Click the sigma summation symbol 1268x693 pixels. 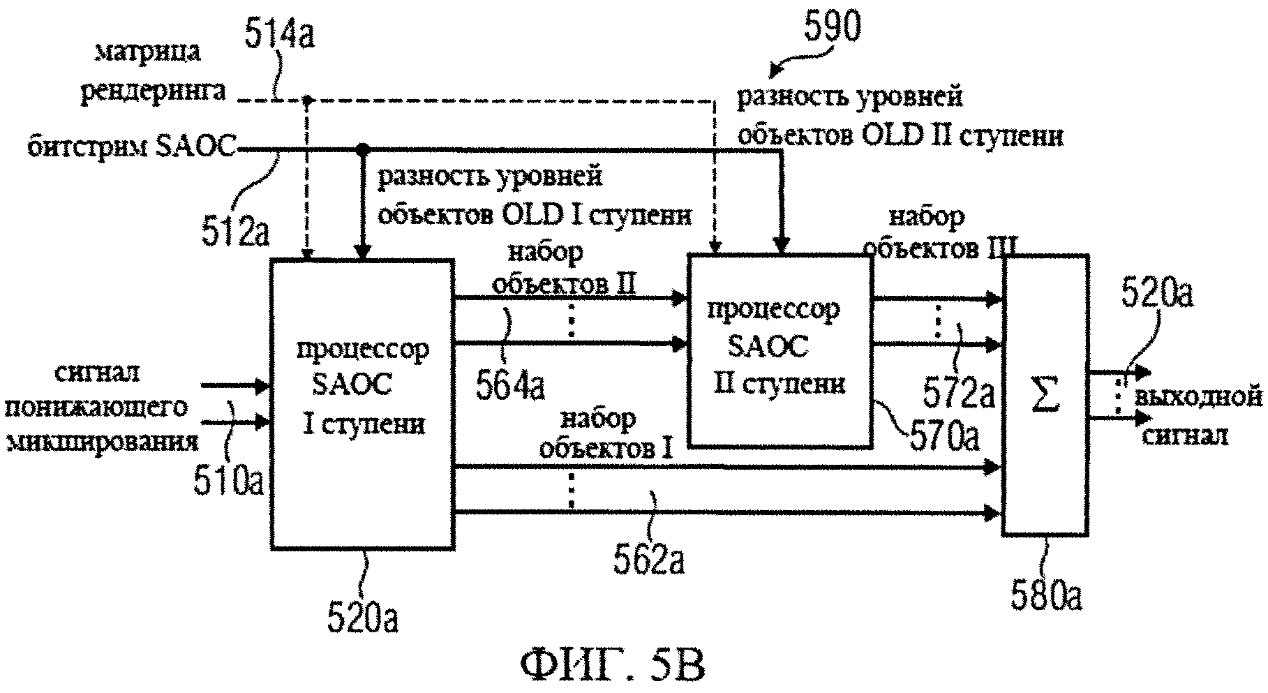(x=1044, y=395)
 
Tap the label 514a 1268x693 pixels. (x=279, y=33)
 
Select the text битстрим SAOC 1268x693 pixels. (x=131, y=148)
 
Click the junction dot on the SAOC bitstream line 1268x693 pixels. (x=361, y=149)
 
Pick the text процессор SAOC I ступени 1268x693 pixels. (x=361, y=385)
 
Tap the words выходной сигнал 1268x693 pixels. (x=1196, y=415)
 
